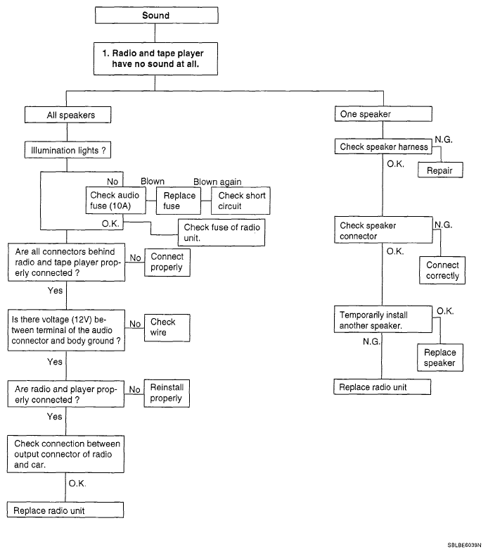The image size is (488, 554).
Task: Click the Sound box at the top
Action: [156, 15]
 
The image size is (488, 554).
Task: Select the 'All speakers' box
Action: [68, 115]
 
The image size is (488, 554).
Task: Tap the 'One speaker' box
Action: [383, 114]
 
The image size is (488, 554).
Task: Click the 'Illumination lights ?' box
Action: [68, 150]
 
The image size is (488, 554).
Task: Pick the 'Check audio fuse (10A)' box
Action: [116, 201]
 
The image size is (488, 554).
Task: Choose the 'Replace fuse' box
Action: [179, 201]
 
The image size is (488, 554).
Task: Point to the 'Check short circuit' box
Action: [240, 201]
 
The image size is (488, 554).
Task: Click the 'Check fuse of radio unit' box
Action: [221, 232]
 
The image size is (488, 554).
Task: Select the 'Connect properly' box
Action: [167, 262]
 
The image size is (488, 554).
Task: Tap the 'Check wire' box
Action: [167, 328]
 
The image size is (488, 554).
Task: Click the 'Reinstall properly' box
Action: [167, 394]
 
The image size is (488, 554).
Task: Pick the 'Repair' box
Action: [440, 170]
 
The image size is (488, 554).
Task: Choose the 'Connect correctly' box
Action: [442, 270]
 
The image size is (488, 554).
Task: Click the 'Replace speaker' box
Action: [440, 358]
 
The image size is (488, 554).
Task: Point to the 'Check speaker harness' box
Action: [383, 146]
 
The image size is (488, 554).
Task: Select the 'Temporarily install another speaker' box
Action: [383, 320]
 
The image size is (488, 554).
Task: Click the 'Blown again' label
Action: [217, 182]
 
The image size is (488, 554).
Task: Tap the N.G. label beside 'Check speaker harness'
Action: [444, 139]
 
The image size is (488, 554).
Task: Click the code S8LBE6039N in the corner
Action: [464, 545]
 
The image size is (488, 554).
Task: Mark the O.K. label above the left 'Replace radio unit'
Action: [77, 484]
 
